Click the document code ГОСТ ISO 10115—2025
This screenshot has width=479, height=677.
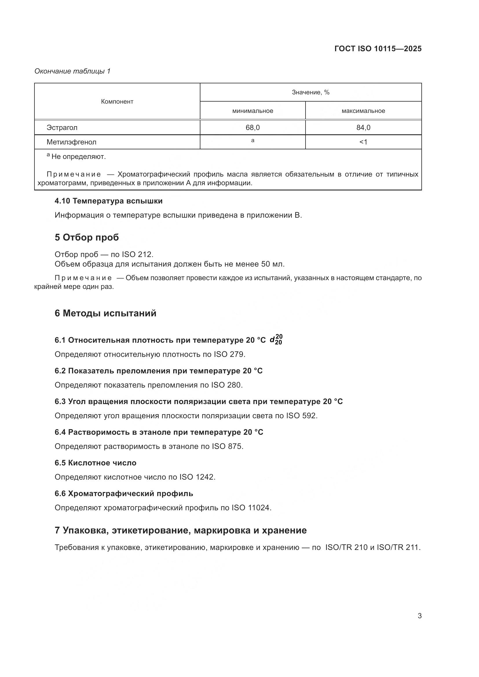pyautogui.click(x=378, y=49)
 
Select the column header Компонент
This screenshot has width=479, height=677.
pyautogui.click(x=117, y=101)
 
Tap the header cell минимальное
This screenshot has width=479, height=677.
pyautogui.click(x=253, y=111)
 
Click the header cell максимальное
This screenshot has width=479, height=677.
pyautogui.click(x=363, y=111)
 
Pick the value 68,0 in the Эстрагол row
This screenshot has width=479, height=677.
pyautogui.click(x=253, y=128)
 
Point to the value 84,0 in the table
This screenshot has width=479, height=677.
pyautogui.click(x=363, y=128)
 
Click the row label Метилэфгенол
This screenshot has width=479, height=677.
pyautogui.click(x=71, y=142)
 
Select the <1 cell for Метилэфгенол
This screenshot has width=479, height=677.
pyautogui.click(x=363, y=142)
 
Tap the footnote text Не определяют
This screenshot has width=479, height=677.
pyautogui.click(x=78, y=157)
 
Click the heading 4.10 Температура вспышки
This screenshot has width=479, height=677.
pyautogui.click(x=109, y=201)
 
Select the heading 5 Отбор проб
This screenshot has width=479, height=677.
pyautogui.click(x=87, y=237)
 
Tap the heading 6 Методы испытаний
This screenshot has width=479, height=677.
pyautogui.click(x=105, y=313)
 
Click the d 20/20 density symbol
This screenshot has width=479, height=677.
pyautogui.click(x=276, y=340)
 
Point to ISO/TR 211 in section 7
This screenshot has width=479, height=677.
pyautogui.click(x=398, y=547)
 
